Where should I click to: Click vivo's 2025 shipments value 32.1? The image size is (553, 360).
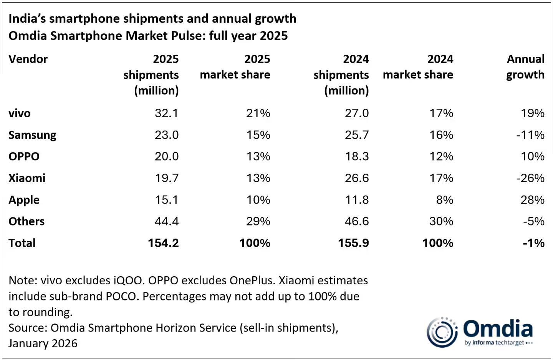[x=166, y=113]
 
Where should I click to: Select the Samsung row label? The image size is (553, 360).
[x=32, y=135]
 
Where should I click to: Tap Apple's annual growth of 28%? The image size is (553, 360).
[x=532, y=200]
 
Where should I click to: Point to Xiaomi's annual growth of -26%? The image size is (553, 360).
[x=530, y=178]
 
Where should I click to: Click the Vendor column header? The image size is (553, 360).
[x=28, y=59]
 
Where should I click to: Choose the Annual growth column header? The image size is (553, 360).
[x=525, y=67]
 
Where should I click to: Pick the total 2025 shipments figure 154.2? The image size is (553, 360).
[x=163, y=243]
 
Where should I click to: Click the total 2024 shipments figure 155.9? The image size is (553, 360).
[x=353, y=243]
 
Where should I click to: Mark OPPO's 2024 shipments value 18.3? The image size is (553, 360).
[x=357, y=156]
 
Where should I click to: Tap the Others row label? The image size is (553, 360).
[x=26, y=221]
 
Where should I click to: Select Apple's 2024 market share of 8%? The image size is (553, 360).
[x=444, y=200]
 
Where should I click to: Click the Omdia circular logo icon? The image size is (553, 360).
[x=442, y=332]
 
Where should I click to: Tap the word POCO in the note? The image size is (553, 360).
[x=121, y=296]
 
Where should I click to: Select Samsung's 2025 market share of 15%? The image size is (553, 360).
[x=258, y=135]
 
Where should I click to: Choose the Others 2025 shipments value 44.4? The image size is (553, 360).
[x=167, y=221]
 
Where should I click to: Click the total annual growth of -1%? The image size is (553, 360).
[x=533, y=243]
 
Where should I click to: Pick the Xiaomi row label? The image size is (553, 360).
[x=27, y=178]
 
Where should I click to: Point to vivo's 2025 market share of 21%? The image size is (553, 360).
[x=258, y=113]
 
